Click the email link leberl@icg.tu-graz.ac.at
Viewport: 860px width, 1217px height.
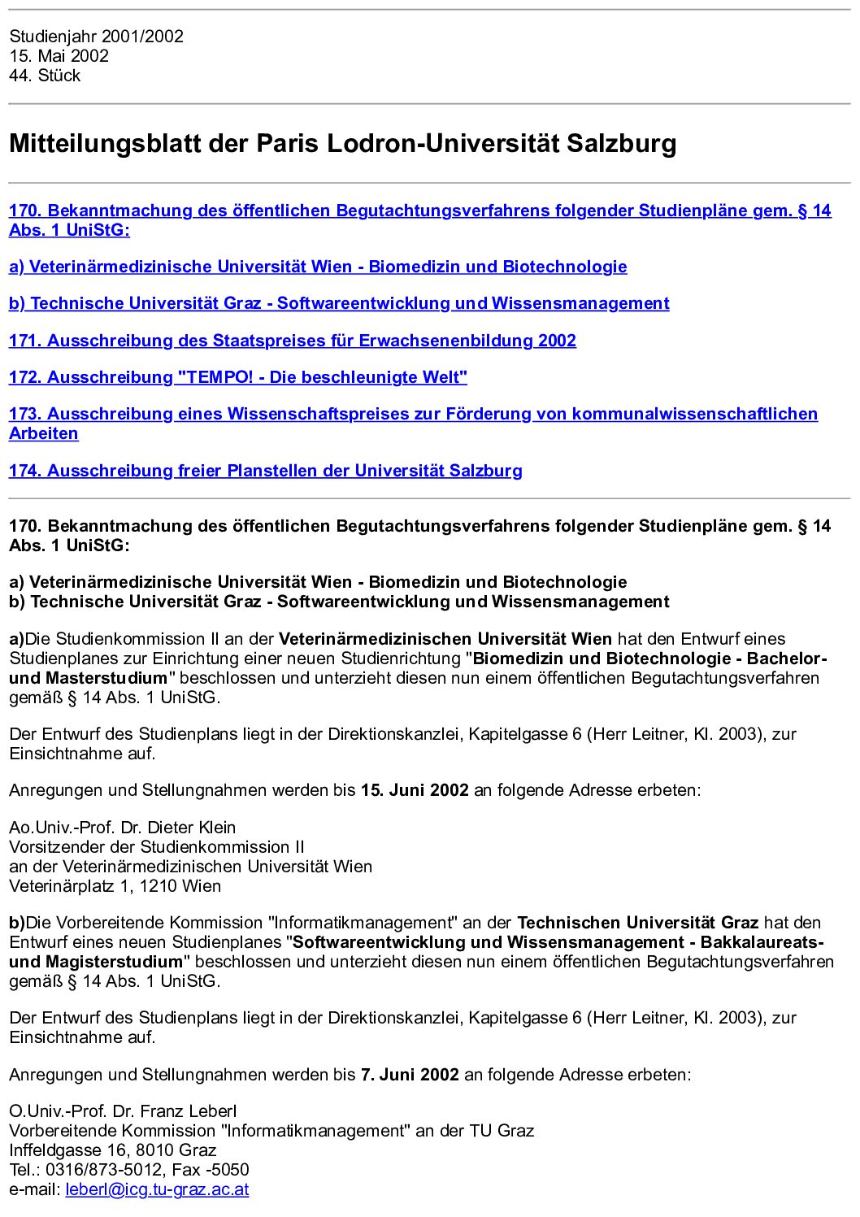click(x=157, y=1189)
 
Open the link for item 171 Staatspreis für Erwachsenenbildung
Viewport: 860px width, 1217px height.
click(x=293, y=341)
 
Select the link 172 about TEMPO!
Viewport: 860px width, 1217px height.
click(x=238, y=377)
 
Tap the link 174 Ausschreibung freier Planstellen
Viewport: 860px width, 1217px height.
click(x=266, y=471)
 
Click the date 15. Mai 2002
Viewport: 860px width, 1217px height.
click(x=59, y=56)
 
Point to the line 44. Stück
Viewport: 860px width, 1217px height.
click(x=45, y=76)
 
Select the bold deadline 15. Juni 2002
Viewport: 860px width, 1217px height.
click(x=415, y=790)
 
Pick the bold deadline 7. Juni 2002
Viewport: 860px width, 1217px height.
click(x=410, y=1075)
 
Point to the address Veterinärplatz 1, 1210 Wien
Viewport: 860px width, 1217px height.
click(x=115, y=886)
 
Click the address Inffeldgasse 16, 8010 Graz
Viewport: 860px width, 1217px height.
click(x=113, y=1150)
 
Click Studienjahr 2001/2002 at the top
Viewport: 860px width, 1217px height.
click(x=96, y=37)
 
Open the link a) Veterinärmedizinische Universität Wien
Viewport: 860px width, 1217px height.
click(x=318, y=267)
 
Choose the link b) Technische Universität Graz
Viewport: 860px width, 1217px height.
click(x=339, y=303)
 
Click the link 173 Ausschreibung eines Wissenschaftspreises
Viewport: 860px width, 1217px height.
click(x=413, y=414)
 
